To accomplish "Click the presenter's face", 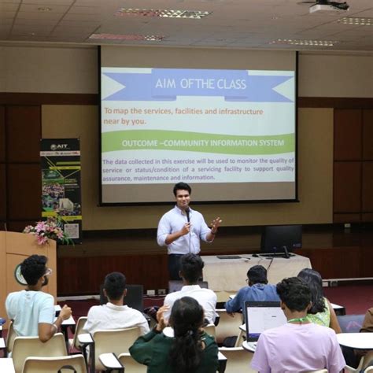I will (x=183, y=194).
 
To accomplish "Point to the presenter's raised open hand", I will (x=216, y=223).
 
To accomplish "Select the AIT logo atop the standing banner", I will (x=60, y=146).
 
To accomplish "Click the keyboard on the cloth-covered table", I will (x=229, y=257).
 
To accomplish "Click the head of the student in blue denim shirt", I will (x=257, y=275).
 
